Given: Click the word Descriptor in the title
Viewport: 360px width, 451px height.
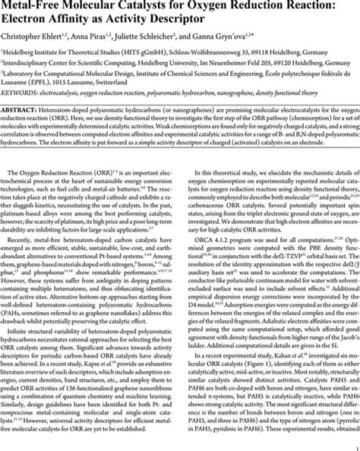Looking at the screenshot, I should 307,23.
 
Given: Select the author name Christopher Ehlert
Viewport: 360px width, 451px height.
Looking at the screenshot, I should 39,39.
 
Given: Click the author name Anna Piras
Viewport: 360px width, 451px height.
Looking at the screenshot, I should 108,39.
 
